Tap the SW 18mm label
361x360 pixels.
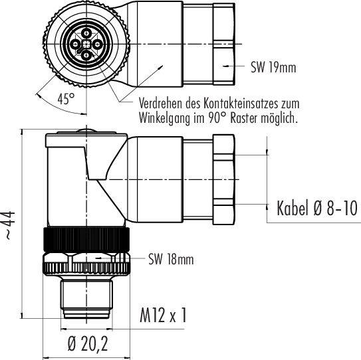click(171, 260)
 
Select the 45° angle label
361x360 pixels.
click(65, 99)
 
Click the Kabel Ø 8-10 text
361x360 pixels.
click(317, 209)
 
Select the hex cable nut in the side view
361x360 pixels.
click(225, 179)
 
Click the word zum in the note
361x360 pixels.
click(291, 104)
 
